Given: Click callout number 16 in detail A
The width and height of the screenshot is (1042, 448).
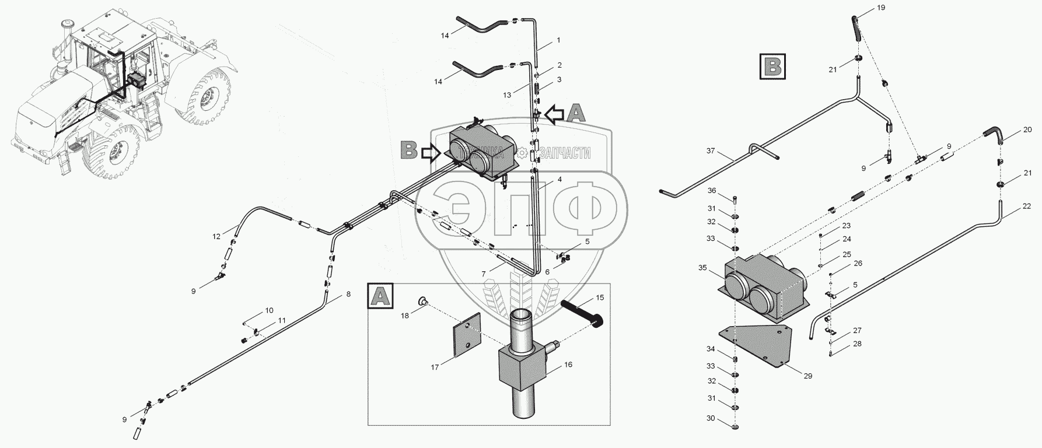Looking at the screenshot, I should [x=568, y=365].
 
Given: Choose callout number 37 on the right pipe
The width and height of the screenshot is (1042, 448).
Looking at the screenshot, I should [x=710, y=151].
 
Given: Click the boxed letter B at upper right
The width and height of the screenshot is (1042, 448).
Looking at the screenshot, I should [x=773, y=66].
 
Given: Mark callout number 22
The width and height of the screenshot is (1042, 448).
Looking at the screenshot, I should [x=1026, y=206].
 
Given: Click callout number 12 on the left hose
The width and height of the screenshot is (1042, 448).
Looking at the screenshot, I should [x=216, y=236].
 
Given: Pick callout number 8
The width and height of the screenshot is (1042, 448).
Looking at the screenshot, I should [x=348, y=294].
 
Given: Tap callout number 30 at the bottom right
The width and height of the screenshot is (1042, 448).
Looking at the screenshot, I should [x=710, y=418].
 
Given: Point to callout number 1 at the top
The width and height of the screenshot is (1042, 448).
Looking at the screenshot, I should [x=558, y=40].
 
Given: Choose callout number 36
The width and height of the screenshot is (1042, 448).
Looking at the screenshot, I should [x=711, y=191].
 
